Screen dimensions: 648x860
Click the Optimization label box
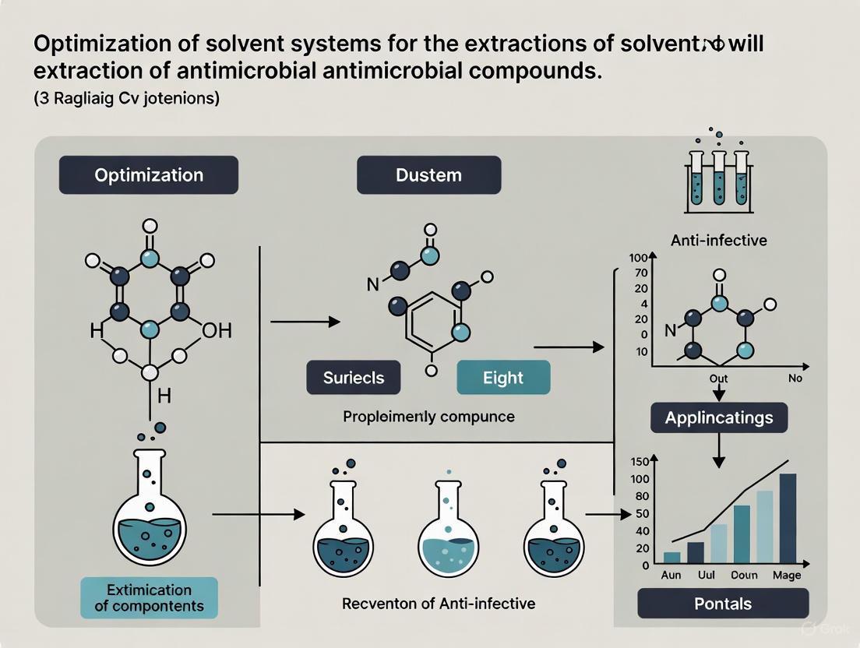[x=148, y=174]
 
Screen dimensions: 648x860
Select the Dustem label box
[x=428, y=174]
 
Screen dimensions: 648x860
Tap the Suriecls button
[x=354, y=378]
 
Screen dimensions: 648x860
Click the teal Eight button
[x=502, y=378]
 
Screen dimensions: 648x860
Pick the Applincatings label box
[x=718, y=417]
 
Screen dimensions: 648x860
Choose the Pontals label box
[x=723, y=603]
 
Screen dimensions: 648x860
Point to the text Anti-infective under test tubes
[x=718, y=241]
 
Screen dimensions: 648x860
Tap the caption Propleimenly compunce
[x=428, y=417]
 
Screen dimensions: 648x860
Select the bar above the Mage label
[x=788, y=518]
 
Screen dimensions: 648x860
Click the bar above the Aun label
[x=671, y=557]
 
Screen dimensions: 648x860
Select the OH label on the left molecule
[x=216, y=331]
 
